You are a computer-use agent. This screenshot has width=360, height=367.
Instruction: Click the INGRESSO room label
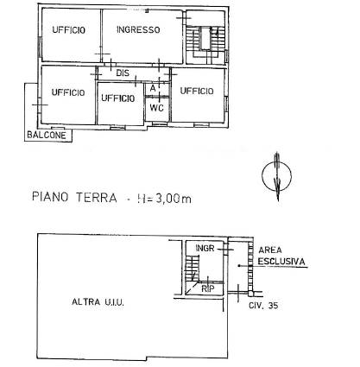coord(138,29)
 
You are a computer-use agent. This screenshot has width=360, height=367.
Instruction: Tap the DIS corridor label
coord(123,73)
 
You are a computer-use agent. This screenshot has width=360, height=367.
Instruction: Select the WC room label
coord(157,108)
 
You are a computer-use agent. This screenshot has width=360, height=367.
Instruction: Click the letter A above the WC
coord(153,88)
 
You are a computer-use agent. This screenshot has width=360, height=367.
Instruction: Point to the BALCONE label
coord(47,135)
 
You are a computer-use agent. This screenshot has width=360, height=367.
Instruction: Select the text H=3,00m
coord(164,199)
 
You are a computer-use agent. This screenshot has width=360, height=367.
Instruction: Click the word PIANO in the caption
coord(50,197)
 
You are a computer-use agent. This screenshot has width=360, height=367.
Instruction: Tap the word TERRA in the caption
coord(97,198)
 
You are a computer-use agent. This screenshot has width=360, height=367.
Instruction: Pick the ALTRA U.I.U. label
coord(98,302)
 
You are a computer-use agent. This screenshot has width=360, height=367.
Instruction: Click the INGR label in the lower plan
coord(205,248)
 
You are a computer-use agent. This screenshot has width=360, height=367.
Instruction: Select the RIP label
coord(208,288)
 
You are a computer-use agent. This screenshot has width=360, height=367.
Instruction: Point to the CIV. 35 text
coord(263,305)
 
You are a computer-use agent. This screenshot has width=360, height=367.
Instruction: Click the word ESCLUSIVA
coord(281,262)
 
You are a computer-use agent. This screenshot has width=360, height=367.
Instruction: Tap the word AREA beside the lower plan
coord(270,250)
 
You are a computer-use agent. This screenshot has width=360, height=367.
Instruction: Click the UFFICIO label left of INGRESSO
coord(69,29)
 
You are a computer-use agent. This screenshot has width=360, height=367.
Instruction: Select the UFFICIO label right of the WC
coord(197,91)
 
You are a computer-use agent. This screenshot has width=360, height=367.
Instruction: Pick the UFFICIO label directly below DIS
coord(118,98)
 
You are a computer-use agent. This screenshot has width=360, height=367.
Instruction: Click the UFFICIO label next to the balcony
coord(68,92)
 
